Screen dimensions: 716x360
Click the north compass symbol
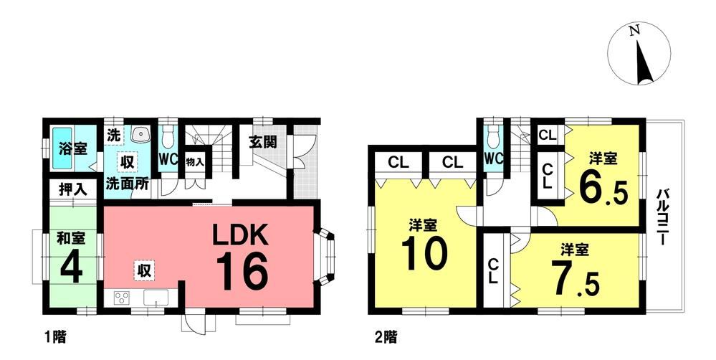[x=639, y=54]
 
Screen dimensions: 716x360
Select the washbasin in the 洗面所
[x=139, y=134]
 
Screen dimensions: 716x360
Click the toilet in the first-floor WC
[x=168, y=136]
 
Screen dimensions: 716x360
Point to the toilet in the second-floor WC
[x=493, y=136]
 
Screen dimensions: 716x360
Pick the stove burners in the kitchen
[x=121, y=298]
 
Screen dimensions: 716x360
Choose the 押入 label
[x=72, y=189]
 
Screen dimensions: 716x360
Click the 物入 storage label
[x=195, y=162]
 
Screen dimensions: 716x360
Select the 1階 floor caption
[x=55, y=338]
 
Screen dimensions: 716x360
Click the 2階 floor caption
[x=386, y=338]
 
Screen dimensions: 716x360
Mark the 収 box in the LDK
[x=144, y=270]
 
